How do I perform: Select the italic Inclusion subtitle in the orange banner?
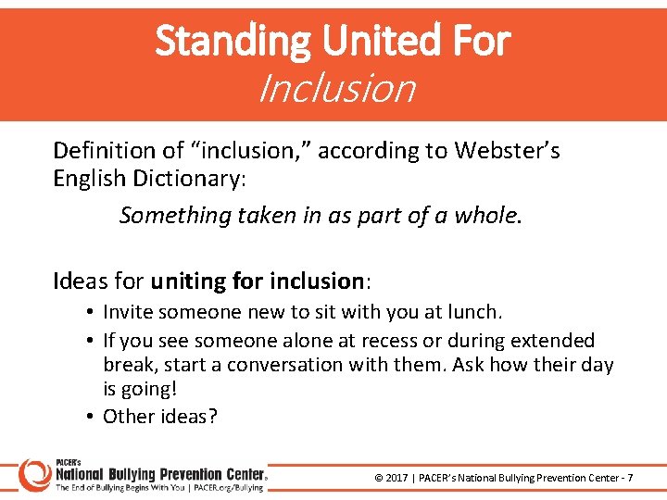point(336,89)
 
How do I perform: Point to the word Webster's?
point(507,150)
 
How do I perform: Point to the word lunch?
point(474,312)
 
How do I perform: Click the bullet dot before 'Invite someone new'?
point(92,313)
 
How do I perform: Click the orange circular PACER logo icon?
point(34,473)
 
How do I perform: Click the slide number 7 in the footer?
point(631,478)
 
